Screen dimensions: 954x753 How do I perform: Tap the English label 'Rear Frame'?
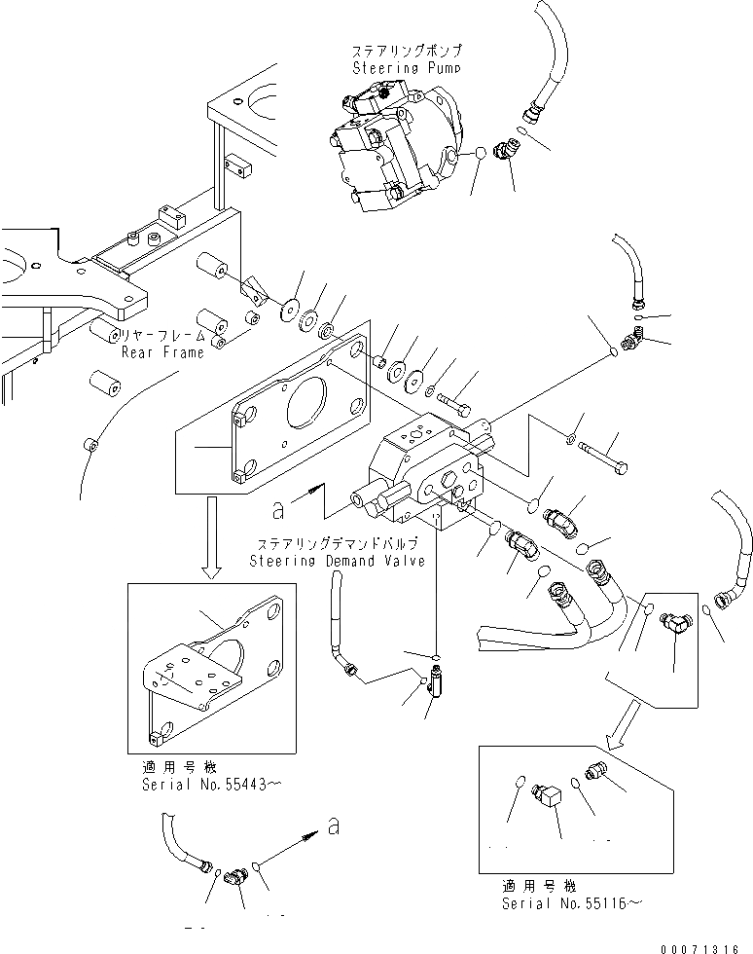(162, 351)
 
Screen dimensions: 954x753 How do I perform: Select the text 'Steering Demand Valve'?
(337, 562)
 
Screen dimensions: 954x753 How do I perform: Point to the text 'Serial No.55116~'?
(572, 903)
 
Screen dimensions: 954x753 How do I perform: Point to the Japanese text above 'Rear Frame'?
(163, 335)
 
